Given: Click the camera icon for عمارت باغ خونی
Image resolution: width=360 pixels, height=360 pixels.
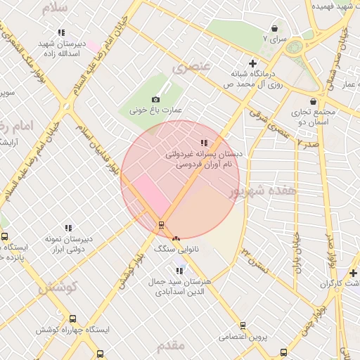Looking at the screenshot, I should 155,100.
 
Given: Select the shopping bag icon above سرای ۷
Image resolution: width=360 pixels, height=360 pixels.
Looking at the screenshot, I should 274,29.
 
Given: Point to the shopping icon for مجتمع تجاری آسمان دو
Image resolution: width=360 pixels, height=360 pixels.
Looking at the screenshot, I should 313,101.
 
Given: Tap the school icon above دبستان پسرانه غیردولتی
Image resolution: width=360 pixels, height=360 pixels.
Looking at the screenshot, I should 204,143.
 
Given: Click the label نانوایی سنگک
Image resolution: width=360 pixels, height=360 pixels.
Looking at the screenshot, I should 172,249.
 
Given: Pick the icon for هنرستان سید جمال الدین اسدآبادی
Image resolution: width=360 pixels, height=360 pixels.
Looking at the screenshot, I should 179,270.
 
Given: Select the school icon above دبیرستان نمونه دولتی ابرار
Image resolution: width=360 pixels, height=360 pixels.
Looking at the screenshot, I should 68,228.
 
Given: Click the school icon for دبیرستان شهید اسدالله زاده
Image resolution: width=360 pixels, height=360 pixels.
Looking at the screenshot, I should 61,32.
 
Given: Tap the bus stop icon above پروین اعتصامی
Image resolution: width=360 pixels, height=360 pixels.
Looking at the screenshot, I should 243,326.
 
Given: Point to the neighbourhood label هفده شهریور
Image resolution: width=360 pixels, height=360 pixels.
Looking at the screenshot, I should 264,191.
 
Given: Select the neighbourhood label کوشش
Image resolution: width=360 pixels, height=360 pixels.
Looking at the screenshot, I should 57,288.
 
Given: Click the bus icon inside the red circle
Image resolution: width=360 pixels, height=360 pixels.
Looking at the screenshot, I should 162,225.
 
